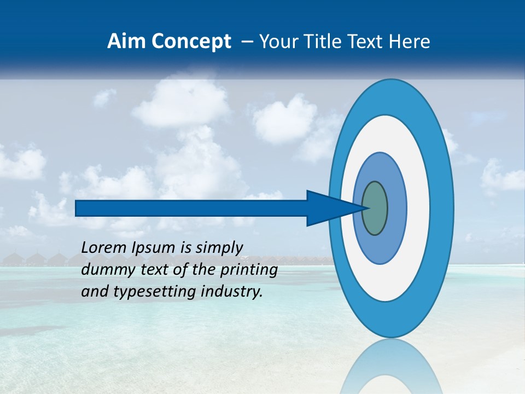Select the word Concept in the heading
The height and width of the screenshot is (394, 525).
pyautogui.click(x=191, y=42)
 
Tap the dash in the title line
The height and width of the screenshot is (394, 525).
pyautogui.click(x=247, y=42)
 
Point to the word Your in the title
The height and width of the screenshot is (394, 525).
pyautogui.click(x=277, y=42)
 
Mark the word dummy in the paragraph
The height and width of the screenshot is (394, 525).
pyautogui.click(x=104, y=270)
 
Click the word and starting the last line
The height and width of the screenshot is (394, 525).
pyautogui.click(x=94, y=292)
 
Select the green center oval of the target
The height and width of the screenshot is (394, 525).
pyautogui.click(x=375, y=208)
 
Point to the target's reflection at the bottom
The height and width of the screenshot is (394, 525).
pyautogui.click(x=391, y=369)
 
